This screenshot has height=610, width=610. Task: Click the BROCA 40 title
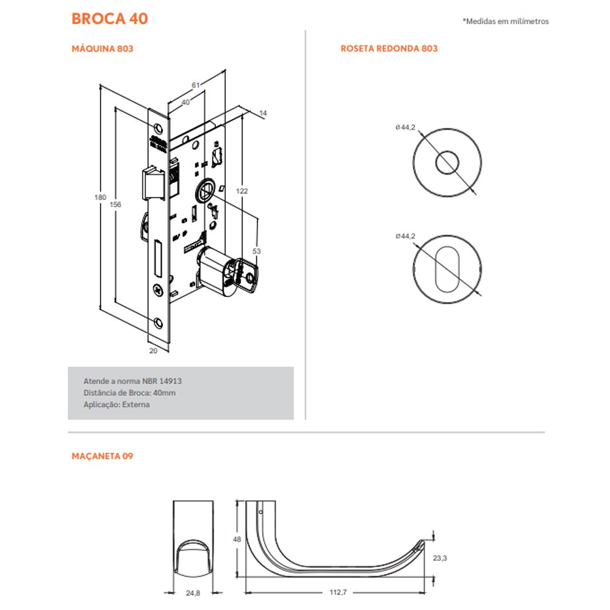coord(110,19)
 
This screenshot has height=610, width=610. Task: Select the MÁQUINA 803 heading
coord(102,49)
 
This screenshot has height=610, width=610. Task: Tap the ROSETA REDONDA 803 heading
coord(389,49)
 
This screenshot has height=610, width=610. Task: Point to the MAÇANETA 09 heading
coord(102,456)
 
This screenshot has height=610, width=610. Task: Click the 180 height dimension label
coord(100,197)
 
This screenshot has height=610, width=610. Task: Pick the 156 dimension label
coord(115,204)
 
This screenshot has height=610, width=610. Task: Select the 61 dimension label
coord(196,85)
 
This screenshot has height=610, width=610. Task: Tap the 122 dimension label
coord(242,190)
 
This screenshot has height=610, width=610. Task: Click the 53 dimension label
coord(256,251)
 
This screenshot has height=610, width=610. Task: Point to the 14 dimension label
coord(263,113)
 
